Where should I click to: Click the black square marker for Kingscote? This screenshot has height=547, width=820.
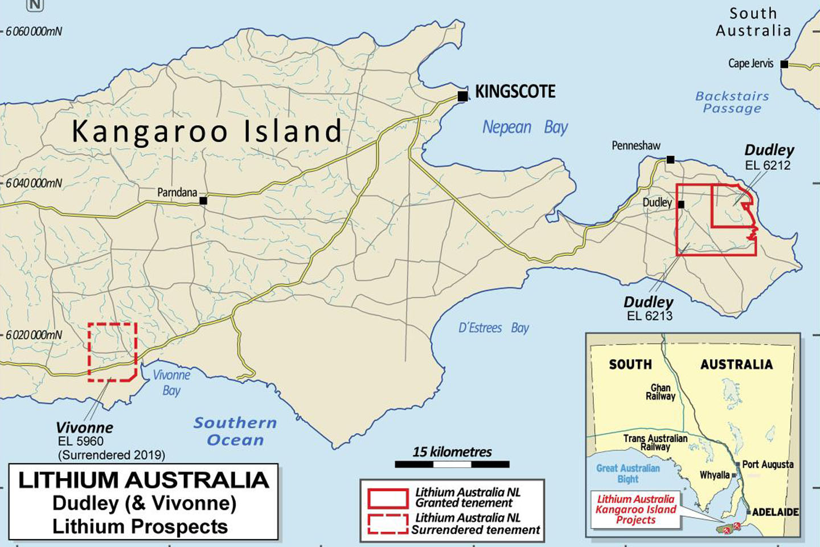pyautogui.click(x=463, y=96)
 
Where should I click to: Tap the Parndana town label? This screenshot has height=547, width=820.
pyautogui.click(x=177, y=193)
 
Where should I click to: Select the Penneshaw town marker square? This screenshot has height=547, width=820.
pyautogui.click(x=671, y=160)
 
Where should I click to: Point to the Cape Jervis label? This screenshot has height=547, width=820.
pyautogui.click(x=751, y=63)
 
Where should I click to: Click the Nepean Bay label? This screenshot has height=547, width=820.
pyautogui.click(x=525, y=127)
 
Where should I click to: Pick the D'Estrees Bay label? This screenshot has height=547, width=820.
pyautogui.click(x=494, y=328)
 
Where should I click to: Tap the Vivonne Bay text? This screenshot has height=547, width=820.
pyautogui.click(x=171, y=382)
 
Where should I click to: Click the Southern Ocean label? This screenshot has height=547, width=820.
pyautogui.click(x=235, y=431)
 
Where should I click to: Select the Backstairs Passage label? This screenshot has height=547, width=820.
pyautogui.click(x=732, y=103)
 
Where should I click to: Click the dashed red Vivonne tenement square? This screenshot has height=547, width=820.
pyautogui.click(x=112, y=352)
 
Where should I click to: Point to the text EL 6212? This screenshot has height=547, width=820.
pyautogui.click(x=768, y=166)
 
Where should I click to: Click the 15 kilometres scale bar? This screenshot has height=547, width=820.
pyautogui.click(x=452, y=464)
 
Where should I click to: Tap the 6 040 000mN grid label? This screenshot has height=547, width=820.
pyautogui.click(x=34, y=183)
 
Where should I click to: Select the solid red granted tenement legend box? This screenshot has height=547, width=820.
pyautogui.click(x=388, y=498)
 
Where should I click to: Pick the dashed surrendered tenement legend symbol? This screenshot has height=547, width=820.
pyautogui.click(x=388, y=524)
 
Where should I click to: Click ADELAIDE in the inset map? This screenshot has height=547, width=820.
pyautogui.click(x=775, y=512)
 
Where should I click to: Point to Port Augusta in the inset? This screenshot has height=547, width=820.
pyautogui.click(x=768, y=464)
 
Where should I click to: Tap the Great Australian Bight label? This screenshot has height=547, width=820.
pyautogui.click(x=628, y=473)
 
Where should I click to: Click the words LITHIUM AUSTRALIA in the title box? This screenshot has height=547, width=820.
pyautogui.click(x=143, y=480)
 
